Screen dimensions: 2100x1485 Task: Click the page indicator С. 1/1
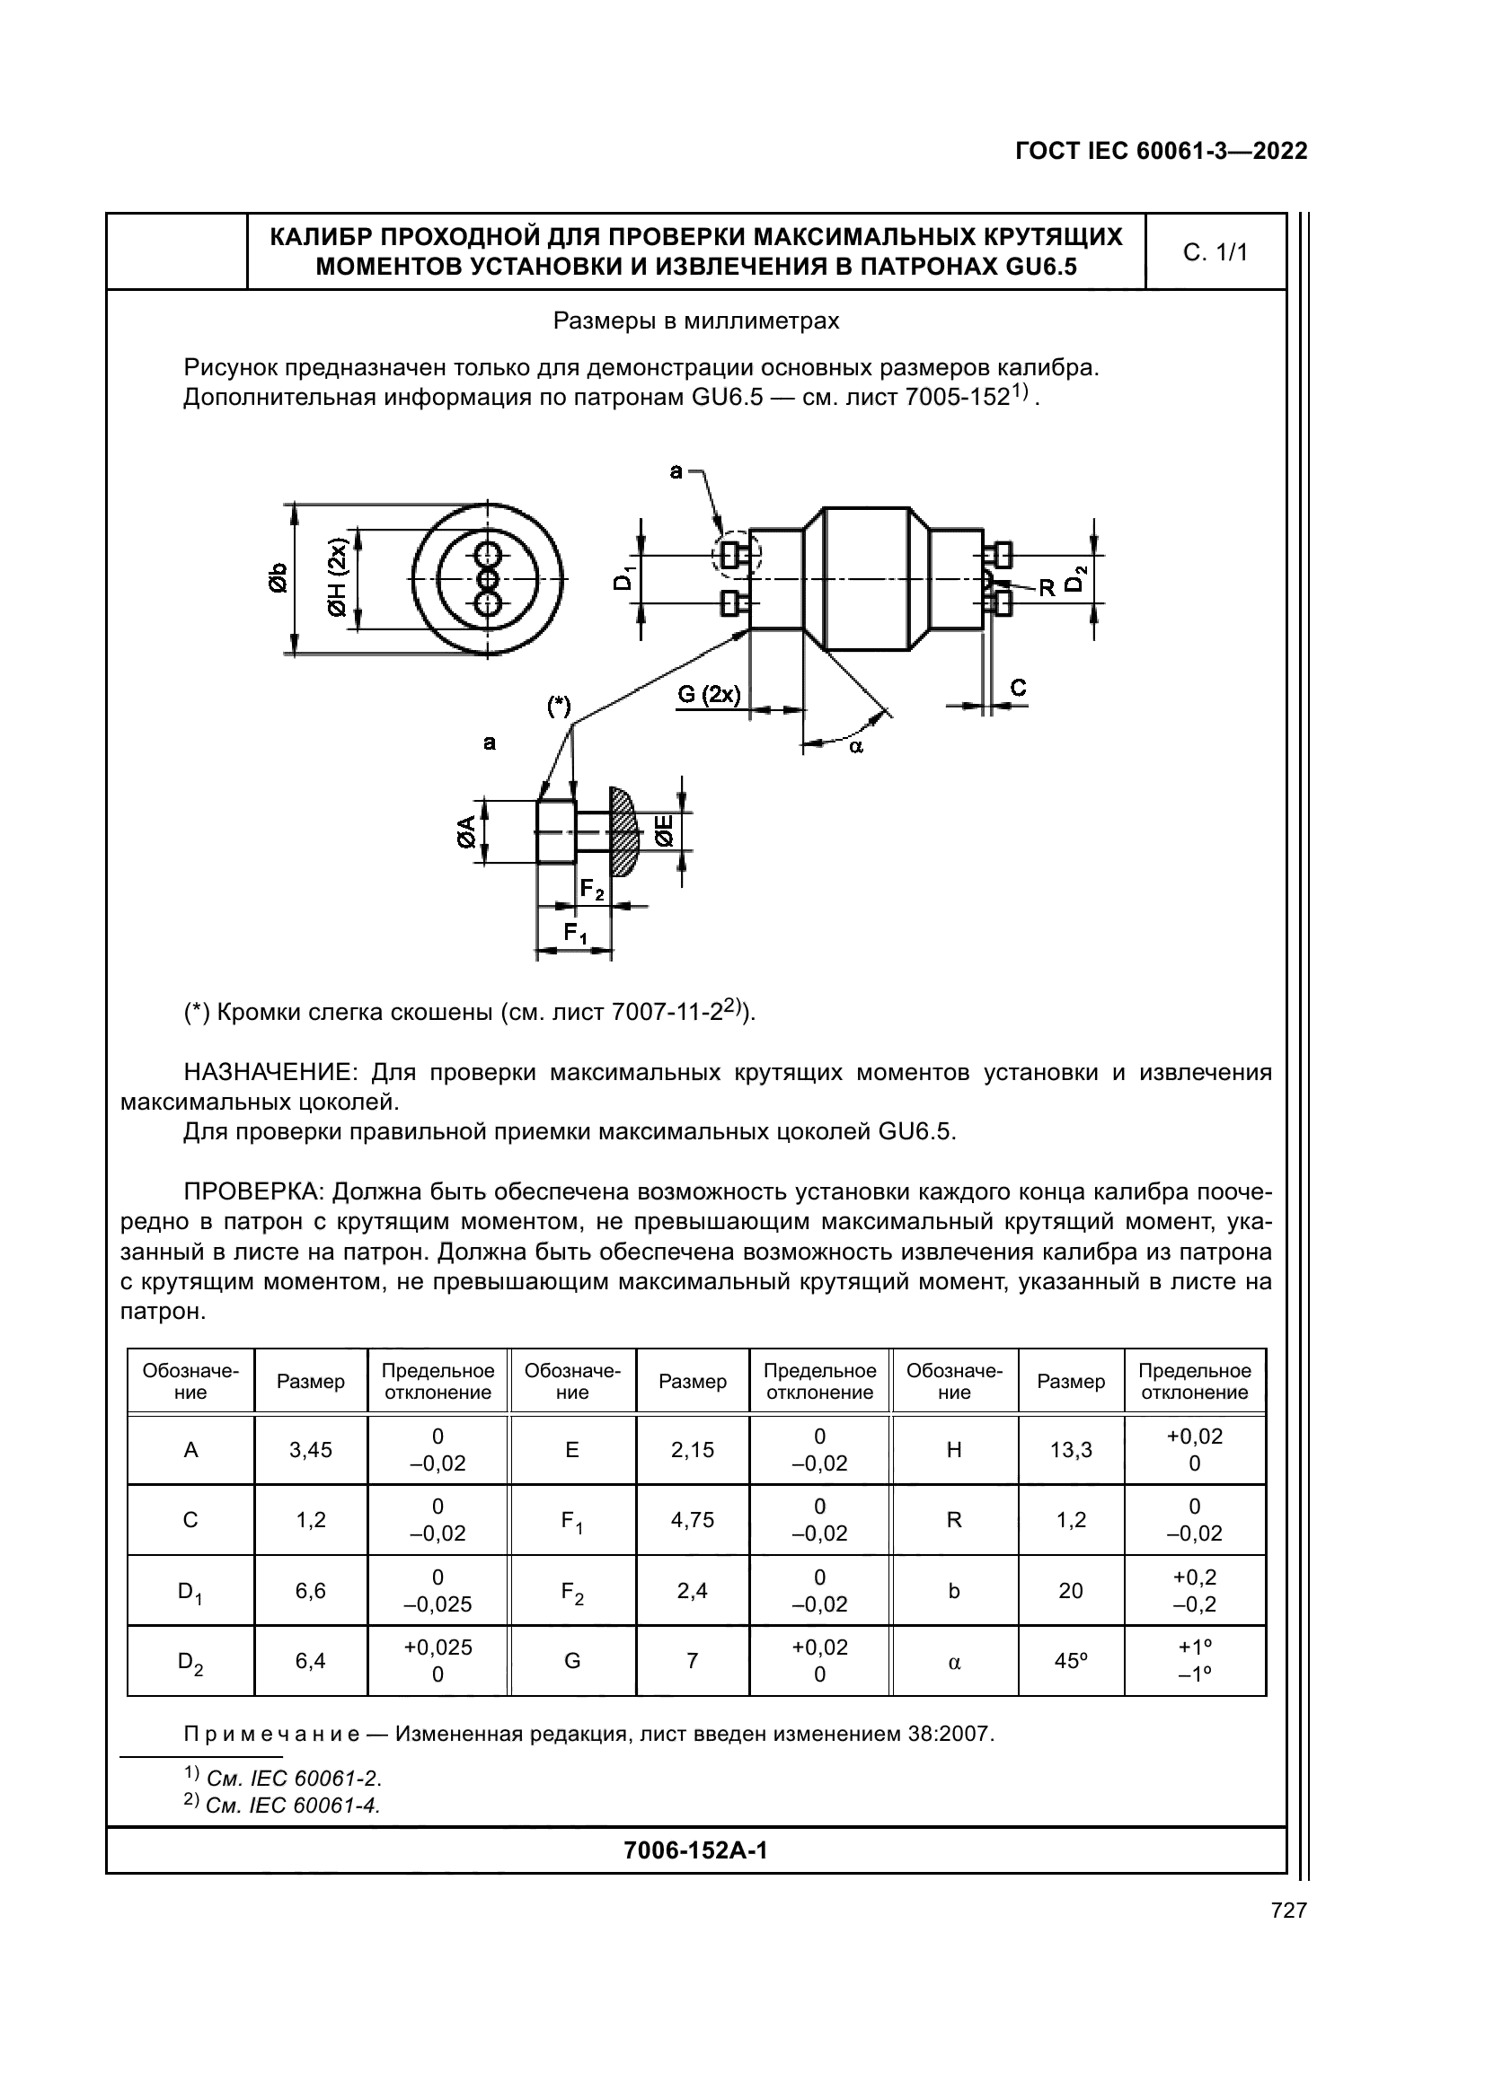coord(1215,253)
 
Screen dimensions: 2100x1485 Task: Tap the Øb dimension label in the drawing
coord(278,578)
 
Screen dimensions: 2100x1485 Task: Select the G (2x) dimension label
coord(708,694)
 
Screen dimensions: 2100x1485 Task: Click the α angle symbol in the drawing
coord(855,746)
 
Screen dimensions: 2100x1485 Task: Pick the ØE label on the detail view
coord(663,831)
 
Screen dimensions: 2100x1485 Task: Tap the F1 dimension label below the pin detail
coord(575,933)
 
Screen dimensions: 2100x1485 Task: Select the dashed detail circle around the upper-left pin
coord(737,554)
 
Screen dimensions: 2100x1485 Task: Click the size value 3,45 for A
coord(311,1450)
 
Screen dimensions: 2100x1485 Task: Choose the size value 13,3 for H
coord(1071,1450)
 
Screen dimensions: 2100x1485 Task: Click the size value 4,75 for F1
coord(693,1520)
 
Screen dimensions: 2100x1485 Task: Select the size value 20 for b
coord(1071,1591)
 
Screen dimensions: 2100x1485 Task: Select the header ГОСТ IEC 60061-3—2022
coord(1161,152)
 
